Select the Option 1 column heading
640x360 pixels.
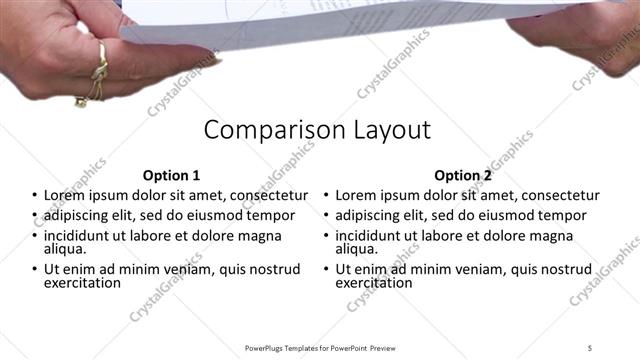171,174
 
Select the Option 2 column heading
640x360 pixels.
463,174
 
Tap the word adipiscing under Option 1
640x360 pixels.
79,215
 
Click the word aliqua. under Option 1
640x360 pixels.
64,249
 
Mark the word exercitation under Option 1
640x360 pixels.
82,283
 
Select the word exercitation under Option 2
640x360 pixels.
374,283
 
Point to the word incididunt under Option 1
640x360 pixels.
79,236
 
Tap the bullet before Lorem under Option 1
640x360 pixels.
34,196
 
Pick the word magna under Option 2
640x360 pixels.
566,236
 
